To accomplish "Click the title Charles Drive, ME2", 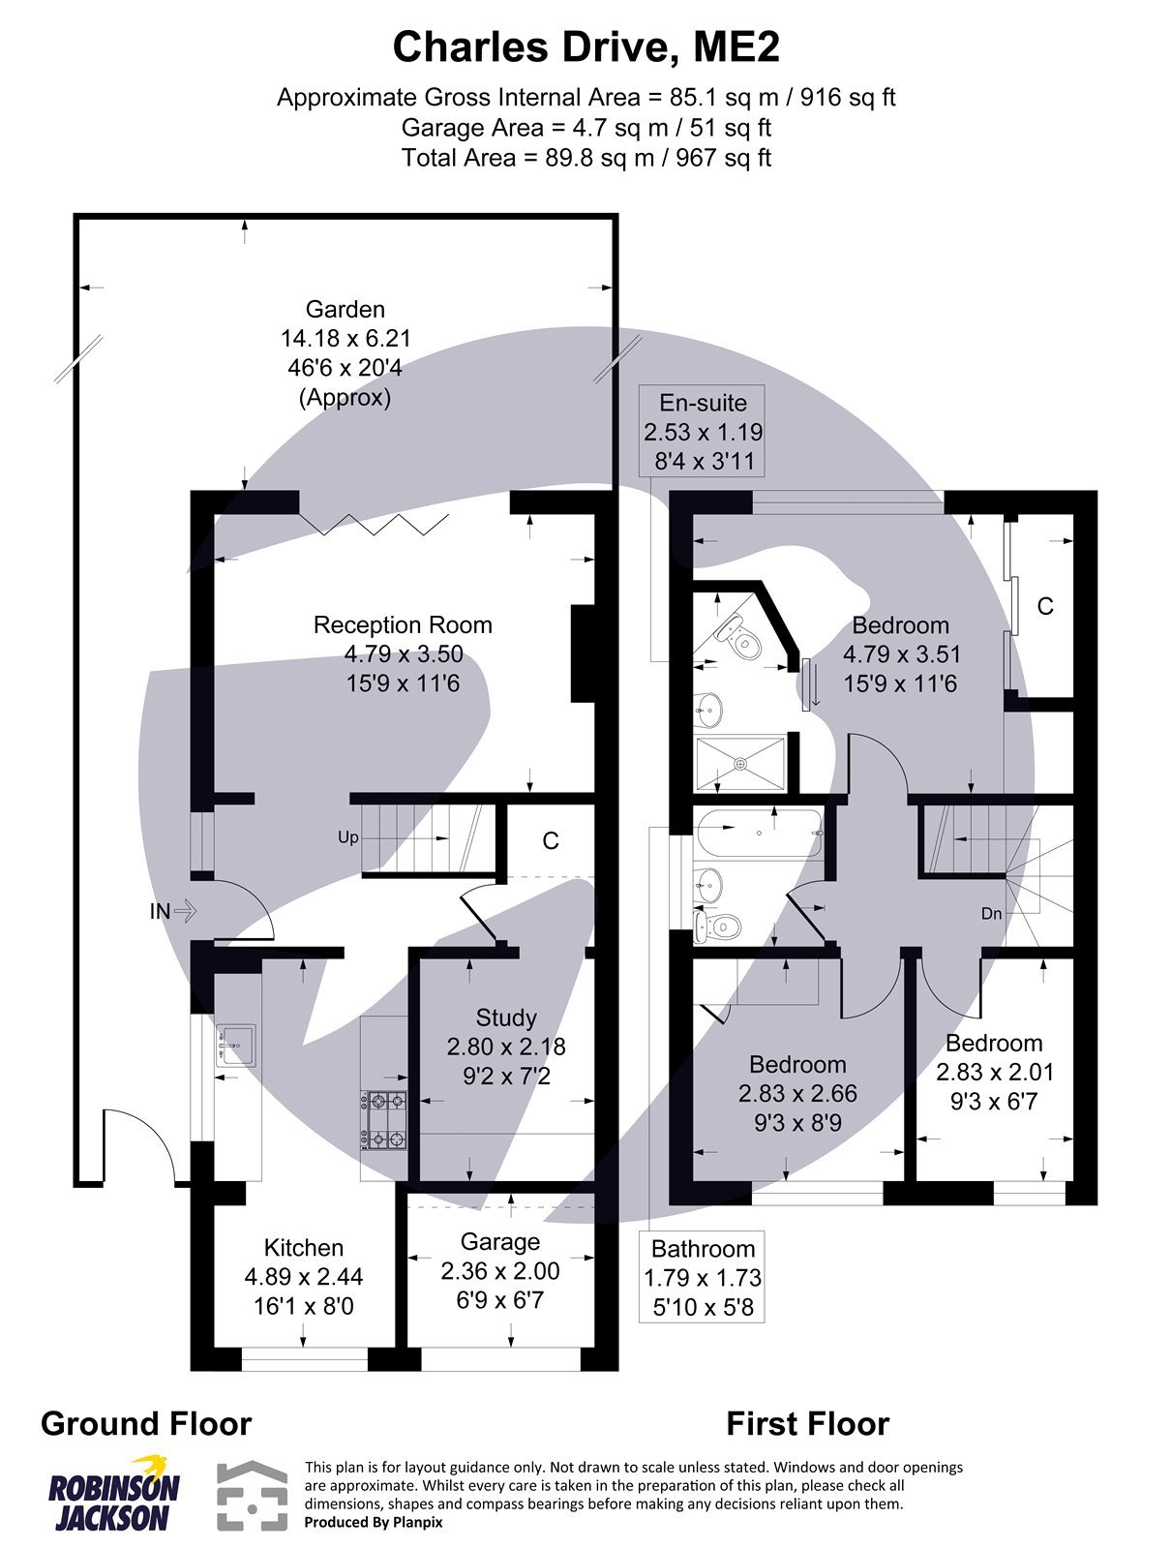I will [x=585, y=46].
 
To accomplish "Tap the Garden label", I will [x=345, y=310].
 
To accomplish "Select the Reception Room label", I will [x=403, y=625].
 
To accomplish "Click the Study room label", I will [x=506, y=1017].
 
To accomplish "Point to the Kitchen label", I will [x=304, y=1248].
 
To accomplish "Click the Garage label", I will [x=500, y=1242].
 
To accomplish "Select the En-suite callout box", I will [x=703, y=431].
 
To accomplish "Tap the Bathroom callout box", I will [x=703, y=1278].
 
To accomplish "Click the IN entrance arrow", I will [x=173, y=911].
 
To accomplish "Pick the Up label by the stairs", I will [x=347, y=837].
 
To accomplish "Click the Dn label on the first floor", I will [x=991, y=913].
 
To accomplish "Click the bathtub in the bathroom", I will [x=759, y=833].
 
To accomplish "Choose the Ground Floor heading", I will [x=146, y=1424].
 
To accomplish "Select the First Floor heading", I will [x=807, y=1424].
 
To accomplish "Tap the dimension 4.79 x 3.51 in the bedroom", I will [x=900, y=654].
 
